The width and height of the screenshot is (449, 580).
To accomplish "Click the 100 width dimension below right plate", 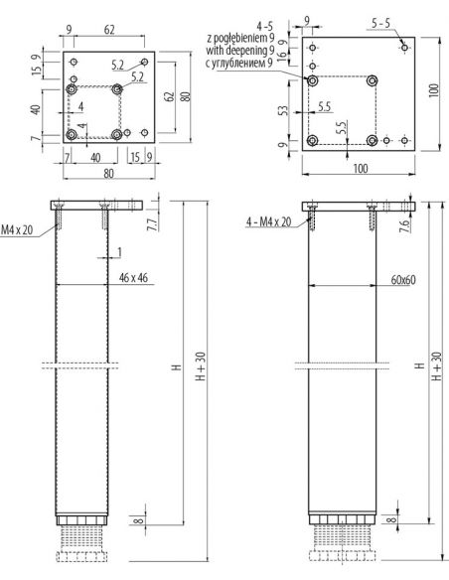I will pos(360,170).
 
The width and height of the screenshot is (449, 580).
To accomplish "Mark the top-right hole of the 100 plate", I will pos(403,46).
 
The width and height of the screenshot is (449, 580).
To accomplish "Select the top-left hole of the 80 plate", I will pos(73,61).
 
